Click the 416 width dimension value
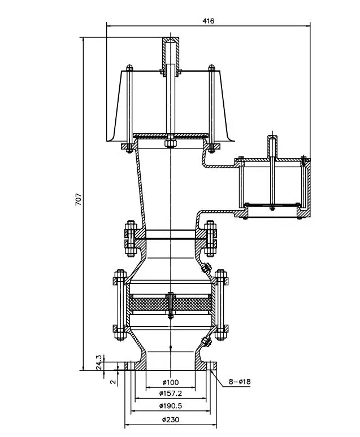click(x=208, y=21)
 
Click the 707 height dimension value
click(x=79, y=199)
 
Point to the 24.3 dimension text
click(x=98, y=361)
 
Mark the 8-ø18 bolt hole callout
click(x=240, y=382)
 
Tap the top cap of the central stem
click(x=170, y=41)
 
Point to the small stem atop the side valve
click(x=272, y=146)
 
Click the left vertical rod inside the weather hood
click(x=129, y=107)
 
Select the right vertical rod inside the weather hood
click(x=212, y=107)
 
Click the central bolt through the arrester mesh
click(x=170, y=305)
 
